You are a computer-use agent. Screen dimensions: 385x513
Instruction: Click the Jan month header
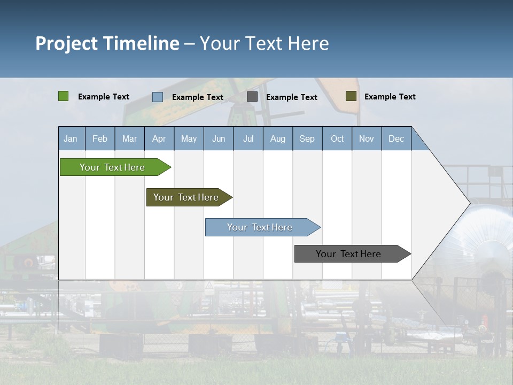point(71,138)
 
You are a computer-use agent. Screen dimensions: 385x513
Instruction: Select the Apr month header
point(159,138)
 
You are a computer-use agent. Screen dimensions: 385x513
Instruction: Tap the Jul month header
point(248,138)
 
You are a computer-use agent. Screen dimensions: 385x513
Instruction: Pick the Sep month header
point(307,138)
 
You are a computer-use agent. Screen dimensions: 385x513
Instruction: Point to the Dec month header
point(396,138)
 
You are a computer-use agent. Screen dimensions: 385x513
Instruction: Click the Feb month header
point(100,138)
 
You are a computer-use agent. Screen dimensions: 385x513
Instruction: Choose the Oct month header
point(337,138)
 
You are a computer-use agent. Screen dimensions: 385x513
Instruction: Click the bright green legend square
point(64,96)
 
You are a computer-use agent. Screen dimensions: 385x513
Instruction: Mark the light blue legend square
point(158,97)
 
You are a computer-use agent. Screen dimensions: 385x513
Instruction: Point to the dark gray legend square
point(252,97)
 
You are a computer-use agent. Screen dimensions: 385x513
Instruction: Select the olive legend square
point(351,96)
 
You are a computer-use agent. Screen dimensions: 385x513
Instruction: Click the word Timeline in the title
point(141,43)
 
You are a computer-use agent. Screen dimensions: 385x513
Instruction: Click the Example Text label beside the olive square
point(390,97)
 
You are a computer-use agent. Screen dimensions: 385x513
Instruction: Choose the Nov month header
point(367,138)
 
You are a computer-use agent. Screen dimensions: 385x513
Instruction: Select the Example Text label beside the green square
point(103,97)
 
